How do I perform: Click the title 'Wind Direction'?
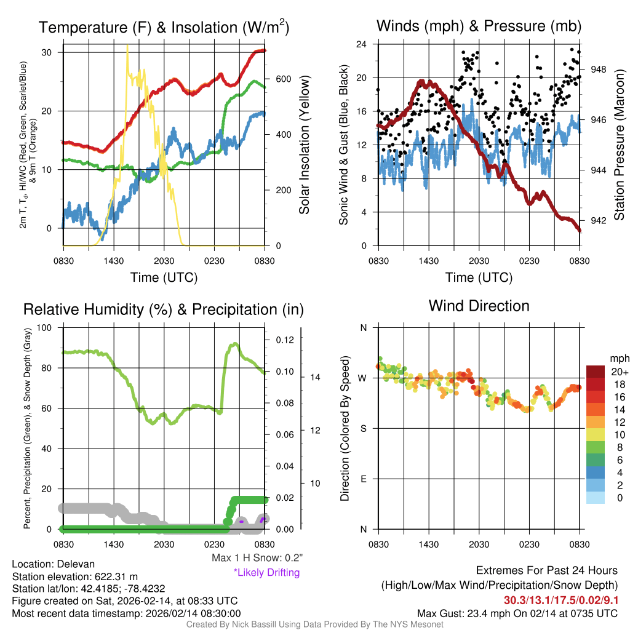point(479,306)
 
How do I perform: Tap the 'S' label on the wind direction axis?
point(363,428)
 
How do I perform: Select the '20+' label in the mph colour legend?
point(618,372)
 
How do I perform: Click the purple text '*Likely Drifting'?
point(266,572)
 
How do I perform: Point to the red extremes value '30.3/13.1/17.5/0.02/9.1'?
point(561,600)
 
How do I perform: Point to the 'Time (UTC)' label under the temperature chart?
point(164,277)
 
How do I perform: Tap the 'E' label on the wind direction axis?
point(363,479)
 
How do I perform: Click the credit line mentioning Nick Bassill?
point(314,624)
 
